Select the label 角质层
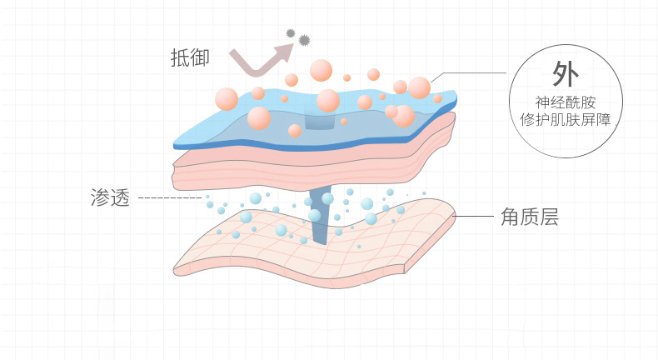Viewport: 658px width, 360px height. coord(529,217)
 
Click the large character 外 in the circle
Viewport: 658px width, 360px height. coord(566,74)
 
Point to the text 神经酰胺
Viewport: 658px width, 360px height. coord(566,103)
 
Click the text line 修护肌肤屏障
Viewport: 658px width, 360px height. coord(566,120)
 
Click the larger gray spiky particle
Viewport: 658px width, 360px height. coord(303,39)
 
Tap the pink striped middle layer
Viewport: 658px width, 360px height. coord(250,167)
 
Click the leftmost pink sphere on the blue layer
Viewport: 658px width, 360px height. coord(227,99)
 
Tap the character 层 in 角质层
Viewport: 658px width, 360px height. coord(548,217)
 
